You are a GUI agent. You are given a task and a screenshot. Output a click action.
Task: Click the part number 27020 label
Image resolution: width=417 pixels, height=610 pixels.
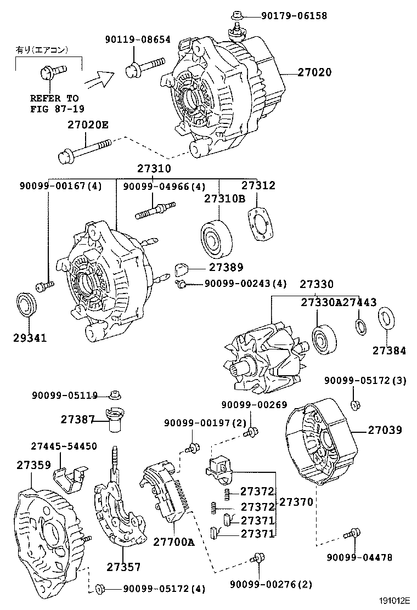314,72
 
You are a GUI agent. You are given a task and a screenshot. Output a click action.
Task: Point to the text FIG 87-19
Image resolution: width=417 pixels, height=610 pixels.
54,109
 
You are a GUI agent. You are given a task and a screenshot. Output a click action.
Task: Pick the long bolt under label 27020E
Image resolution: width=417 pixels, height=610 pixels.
84,150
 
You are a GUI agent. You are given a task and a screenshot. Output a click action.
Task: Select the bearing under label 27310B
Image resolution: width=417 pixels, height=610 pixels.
216,239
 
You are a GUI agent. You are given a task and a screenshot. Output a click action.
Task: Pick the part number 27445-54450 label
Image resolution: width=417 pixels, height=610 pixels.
64,446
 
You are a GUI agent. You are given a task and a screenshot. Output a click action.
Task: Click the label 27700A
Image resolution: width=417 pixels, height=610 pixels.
174,543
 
